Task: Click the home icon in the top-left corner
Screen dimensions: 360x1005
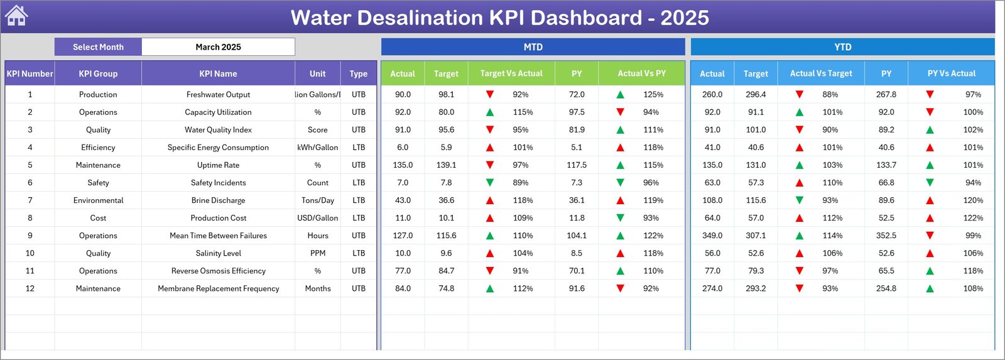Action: tap(16, 16)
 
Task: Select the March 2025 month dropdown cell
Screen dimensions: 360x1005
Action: tap(218, 47)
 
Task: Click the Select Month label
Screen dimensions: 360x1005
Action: tap(98, 47)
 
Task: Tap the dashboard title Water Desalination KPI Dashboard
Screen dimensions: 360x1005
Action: tap(499, 18)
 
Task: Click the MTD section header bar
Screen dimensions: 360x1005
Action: tap(533, 47)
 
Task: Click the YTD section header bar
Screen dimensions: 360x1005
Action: tap(842, 47)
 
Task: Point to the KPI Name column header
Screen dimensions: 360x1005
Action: tap(218, 74)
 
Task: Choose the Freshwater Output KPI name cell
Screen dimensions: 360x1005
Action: tap(218, 94)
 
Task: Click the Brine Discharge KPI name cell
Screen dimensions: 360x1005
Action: tap(218, 200)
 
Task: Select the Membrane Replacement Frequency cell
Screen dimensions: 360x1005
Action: tap(218, 288)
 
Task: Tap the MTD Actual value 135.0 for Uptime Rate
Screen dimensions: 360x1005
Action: tap(403, 165)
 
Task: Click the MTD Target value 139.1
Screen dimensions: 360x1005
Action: tap(446, 165)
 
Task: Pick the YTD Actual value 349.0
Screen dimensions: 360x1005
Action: tap(712, 236)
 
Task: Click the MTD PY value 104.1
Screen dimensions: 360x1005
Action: tap(577, 236)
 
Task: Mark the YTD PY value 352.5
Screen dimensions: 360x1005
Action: tap(886, 236)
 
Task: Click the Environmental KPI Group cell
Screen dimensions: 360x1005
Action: tap(98, 200)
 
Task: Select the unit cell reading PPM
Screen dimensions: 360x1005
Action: tap(318, 253)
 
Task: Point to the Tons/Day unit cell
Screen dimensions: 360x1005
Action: tap(318, 200)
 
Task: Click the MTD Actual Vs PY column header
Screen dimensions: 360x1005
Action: tap(641, 74)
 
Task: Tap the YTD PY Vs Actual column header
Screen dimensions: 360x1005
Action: tap(951, 74)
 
